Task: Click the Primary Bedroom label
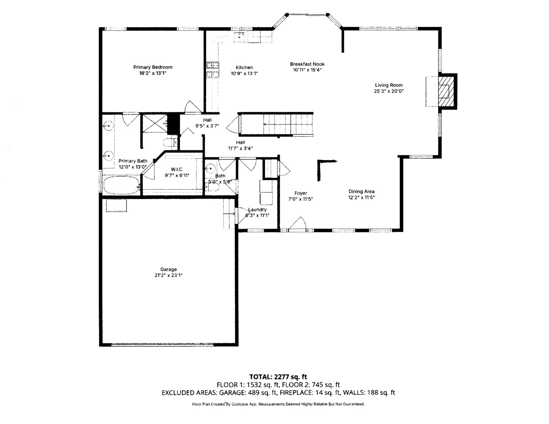(x=153, y=67)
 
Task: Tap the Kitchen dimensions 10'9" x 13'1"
(x=244, y=73)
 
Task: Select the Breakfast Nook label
(x=307, y=64)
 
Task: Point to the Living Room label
(x=388, y=85)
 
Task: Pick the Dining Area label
(x=362, y=192)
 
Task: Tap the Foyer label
(x=301, y=193)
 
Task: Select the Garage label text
(x=168, y=269)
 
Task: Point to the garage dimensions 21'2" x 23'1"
(x=168, y=275)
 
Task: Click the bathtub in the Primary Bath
(x=121, y=185)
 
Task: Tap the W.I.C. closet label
(x=177, y=169)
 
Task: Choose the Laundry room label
(x=258, y=210)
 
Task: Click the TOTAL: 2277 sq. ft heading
(x=278, y=377)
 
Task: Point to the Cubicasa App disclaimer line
(x=278, y=404)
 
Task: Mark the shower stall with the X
(x=155, y=123)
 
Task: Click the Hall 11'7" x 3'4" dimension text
(x=240, y=148)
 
